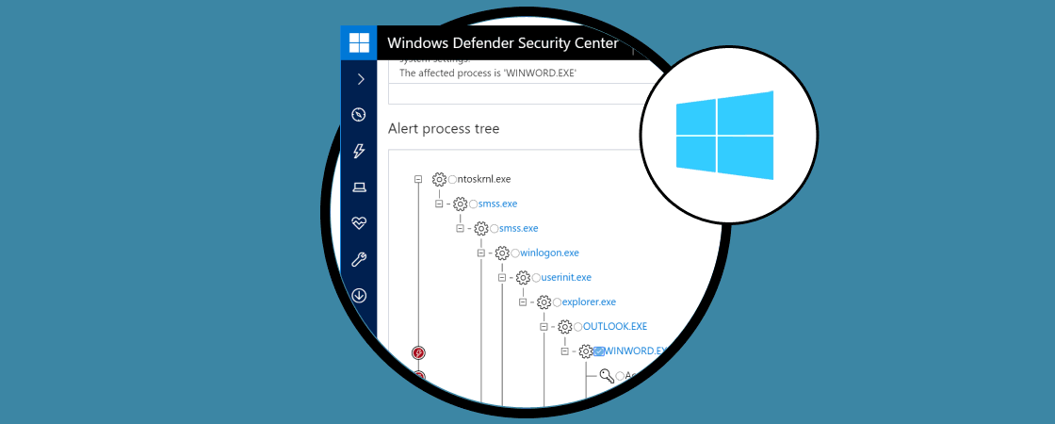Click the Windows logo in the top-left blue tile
pos(359,43)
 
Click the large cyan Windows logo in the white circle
pos(724,135)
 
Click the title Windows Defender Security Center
pos(503,43)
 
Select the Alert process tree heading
pos(444,128)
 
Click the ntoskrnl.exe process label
pos(483,179)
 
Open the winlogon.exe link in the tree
pos(549,253)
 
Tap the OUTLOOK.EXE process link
pos(615,326)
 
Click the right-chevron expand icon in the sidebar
pos(359,79)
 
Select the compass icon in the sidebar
pos(359,115)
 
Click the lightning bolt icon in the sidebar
pos(359,151)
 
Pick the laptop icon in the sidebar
pos(359,188)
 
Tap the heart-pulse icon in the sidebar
pos(359,223)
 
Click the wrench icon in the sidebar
pos(359,259)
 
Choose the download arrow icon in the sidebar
pos(359,295)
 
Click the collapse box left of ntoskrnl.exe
pos(418,179)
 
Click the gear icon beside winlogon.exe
pos(502,253)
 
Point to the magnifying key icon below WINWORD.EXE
pos(607,375)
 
